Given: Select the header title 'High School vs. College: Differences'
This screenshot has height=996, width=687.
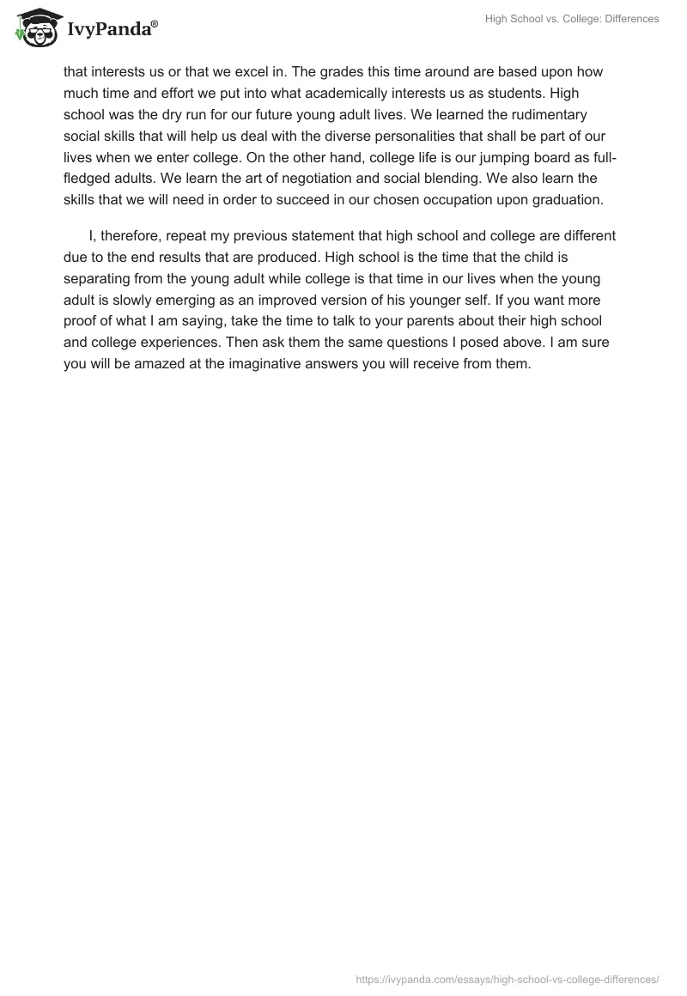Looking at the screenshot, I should pyautogui.click(x=573, y=19).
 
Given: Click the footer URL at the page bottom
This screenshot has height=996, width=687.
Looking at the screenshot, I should pyautogui.click(x=508, y=978).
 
